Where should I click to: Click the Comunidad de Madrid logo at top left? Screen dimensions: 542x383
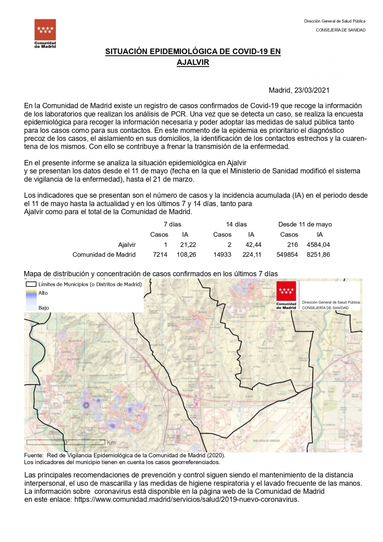tap(45, 33)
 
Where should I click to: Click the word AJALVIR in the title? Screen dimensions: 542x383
tap(193, 62)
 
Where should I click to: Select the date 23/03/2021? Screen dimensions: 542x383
tap(312, 90)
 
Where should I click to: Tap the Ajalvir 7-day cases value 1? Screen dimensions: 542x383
tap(165, 245)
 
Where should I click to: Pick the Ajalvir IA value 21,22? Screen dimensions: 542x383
tap(188, 245)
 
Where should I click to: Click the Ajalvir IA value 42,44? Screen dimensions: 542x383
tap(253, 245)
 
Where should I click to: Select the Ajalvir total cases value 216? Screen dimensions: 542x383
tap(292, 245)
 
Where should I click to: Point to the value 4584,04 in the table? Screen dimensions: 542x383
tap(318, 245)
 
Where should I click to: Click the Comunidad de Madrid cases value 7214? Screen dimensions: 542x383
tap(160, 255)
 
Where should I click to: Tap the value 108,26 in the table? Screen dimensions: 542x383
tap(186, 255)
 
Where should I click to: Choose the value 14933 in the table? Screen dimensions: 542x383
tap(222, 255)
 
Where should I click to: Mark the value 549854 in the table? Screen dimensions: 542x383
tap(287, 255)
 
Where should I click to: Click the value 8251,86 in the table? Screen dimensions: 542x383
tap(318, 255)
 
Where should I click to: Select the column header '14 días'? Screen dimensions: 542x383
tap(236, 225)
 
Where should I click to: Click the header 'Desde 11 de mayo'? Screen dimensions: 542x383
tap(305, 225)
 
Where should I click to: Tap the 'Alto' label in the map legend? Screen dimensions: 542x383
tap(43, 293)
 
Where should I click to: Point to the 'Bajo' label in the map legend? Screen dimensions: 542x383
tap(44, 308)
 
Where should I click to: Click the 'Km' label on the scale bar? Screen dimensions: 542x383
tap(111, 443)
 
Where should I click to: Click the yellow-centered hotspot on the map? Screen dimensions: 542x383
tap(86, 405)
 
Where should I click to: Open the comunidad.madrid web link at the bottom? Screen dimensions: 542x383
tap(186, 499)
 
